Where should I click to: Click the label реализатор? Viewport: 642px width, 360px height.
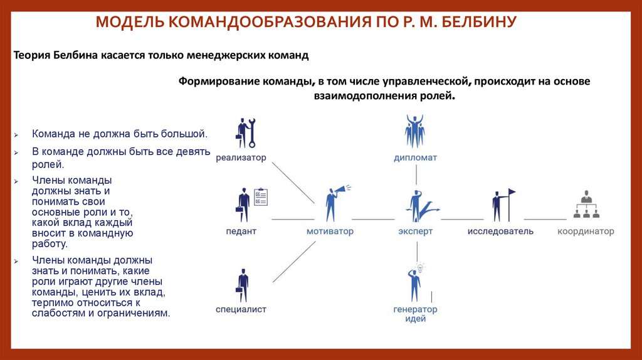click(241, 158)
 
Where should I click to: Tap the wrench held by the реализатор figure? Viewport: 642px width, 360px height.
click(251, 132)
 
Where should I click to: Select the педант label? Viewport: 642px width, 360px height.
click(241, 231)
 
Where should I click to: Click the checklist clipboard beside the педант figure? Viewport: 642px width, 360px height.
click(260, 196)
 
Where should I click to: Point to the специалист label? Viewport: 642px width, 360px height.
click(241, 309)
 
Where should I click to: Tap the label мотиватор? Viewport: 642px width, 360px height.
click(330, 231)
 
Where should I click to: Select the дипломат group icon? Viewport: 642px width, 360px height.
click(415, 131)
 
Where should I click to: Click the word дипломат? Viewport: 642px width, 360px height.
click(415, 158)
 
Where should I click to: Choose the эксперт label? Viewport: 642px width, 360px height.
click(415, 231)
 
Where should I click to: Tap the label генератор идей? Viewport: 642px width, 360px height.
click(415, 314)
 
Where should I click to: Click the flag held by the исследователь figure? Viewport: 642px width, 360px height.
click(511, 192)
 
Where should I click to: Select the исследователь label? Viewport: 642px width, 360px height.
click(500, 231)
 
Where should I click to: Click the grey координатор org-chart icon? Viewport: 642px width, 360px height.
click(586, 205)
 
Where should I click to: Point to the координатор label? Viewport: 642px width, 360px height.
click(586, 231)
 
